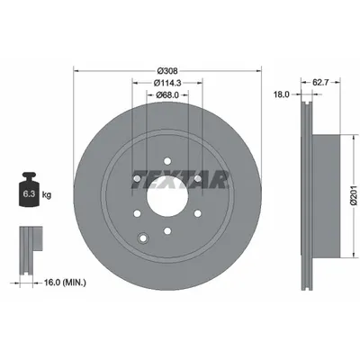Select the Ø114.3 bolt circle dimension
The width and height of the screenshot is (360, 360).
pos(166,83)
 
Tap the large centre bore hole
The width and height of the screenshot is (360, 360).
pos(166,200)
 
